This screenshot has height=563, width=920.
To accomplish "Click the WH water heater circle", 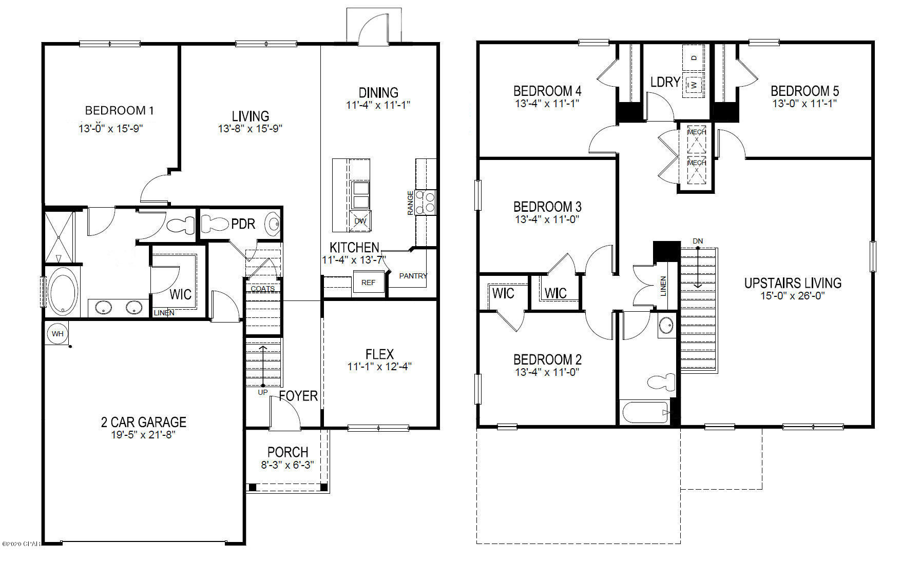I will point(57,334).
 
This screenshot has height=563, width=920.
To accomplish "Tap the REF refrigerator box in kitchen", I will point(368,283).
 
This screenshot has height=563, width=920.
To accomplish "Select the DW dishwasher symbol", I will point(360,221).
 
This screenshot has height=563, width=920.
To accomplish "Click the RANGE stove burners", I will point(426,202).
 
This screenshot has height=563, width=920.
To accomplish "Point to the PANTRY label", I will point(413,276).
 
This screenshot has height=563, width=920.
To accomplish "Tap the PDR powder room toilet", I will point(215,224).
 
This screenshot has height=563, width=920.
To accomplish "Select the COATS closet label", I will point(262,289).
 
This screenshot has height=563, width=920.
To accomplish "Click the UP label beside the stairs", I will point(263,392).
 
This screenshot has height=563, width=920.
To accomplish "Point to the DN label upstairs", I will point(698,241).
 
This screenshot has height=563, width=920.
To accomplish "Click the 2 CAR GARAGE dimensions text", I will point(143,435).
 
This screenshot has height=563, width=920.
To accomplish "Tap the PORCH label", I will point(287,452).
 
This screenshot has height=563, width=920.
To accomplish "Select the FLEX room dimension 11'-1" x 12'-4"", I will point(379,367).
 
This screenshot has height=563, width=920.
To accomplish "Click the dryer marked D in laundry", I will point(694,57).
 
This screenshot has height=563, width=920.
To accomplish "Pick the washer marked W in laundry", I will point(694,85).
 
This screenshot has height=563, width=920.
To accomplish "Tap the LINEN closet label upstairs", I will point(663,286).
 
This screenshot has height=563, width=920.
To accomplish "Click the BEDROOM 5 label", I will point(804,91).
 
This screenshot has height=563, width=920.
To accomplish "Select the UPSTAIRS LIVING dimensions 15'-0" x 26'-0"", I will point(792,296).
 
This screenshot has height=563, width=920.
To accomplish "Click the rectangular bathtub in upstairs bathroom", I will point(645,413).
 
